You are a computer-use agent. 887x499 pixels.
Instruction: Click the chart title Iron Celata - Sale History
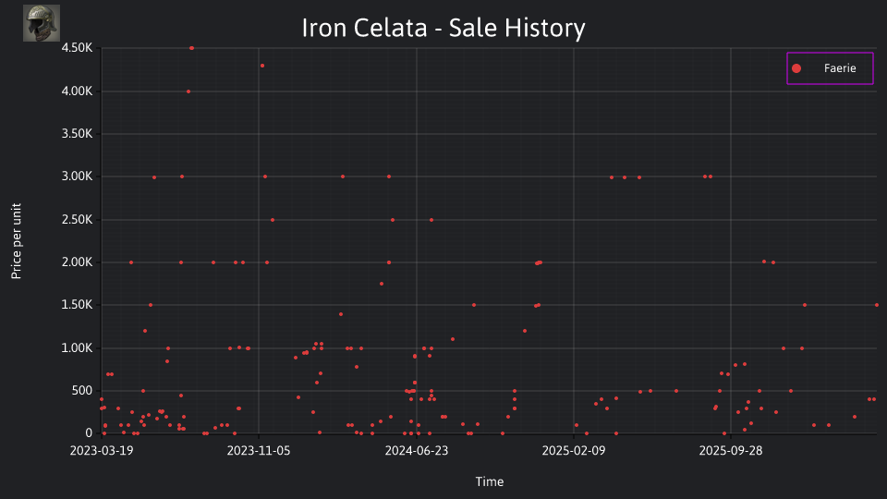tap(443, 28)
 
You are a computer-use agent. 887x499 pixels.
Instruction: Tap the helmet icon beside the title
tap(42, 23)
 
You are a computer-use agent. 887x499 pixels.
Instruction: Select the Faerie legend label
tap(840, 68)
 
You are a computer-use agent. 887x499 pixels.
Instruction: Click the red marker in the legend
tap(796, 68)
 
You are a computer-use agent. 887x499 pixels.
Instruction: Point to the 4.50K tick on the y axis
tap(77, 48)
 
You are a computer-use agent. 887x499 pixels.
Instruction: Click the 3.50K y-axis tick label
tap(77, 134)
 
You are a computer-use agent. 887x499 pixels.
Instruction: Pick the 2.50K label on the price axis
tap(77, 220)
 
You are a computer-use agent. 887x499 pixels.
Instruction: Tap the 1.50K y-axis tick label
tap(77, 305)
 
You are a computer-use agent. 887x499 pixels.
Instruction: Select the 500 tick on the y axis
tap(81, 390)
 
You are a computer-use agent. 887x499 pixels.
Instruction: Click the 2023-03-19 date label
tap(102, 450)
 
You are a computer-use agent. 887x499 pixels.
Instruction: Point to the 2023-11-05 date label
tap(259, 450)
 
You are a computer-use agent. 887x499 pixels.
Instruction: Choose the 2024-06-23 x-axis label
tap(417, 450)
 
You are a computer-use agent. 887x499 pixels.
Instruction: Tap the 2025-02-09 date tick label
tap(574, 450)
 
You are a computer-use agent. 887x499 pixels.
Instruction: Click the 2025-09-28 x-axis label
tap(730, 450)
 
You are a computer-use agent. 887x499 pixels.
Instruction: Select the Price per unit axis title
tap(17, 241)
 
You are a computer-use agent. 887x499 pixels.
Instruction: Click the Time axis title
tap(490, 481)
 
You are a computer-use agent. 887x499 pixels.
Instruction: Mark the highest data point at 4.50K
tap(192, 48)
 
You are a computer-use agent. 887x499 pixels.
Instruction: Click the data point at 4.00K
tap(188, 91)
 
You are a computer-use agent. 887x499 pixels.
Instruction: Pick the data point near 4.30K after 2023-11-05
tap(261, 66)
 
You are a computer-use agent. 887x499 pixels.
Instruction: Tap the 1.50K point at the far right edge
tap(877, 305)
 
